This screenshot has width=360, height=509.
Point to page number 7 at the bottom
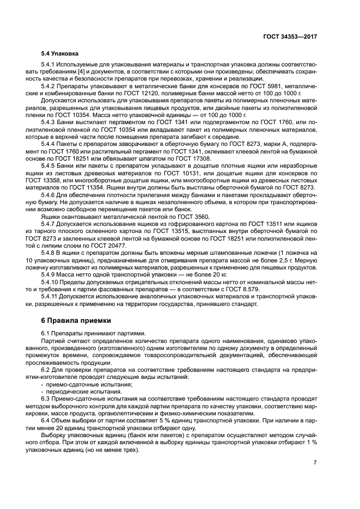(315, 463)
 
